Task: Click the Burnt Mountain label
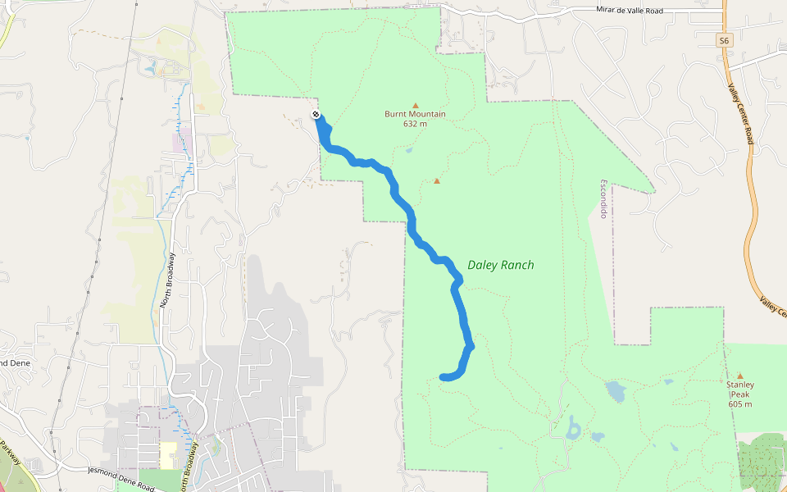(x=415, y=114)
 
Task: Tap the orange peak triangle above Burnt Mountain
(x=415, y=105)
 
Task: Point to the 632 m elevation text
(x=415, y=124)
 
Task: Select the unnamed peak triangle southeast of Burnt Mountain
(x=437, y=181)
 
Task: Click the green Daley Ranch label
(x=500, y=265)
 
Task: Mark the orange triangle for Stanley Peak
(x=739, y=376)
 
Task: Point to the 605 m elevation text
(x=739, y=403)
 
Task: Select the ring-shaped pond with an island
(x=572, y=429)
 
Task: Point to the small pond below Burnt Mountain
(x=408, y=150)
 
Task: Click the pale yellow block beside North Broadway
(x=168, y=455)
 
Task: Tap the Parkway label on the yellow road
(x=11, y=450)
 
